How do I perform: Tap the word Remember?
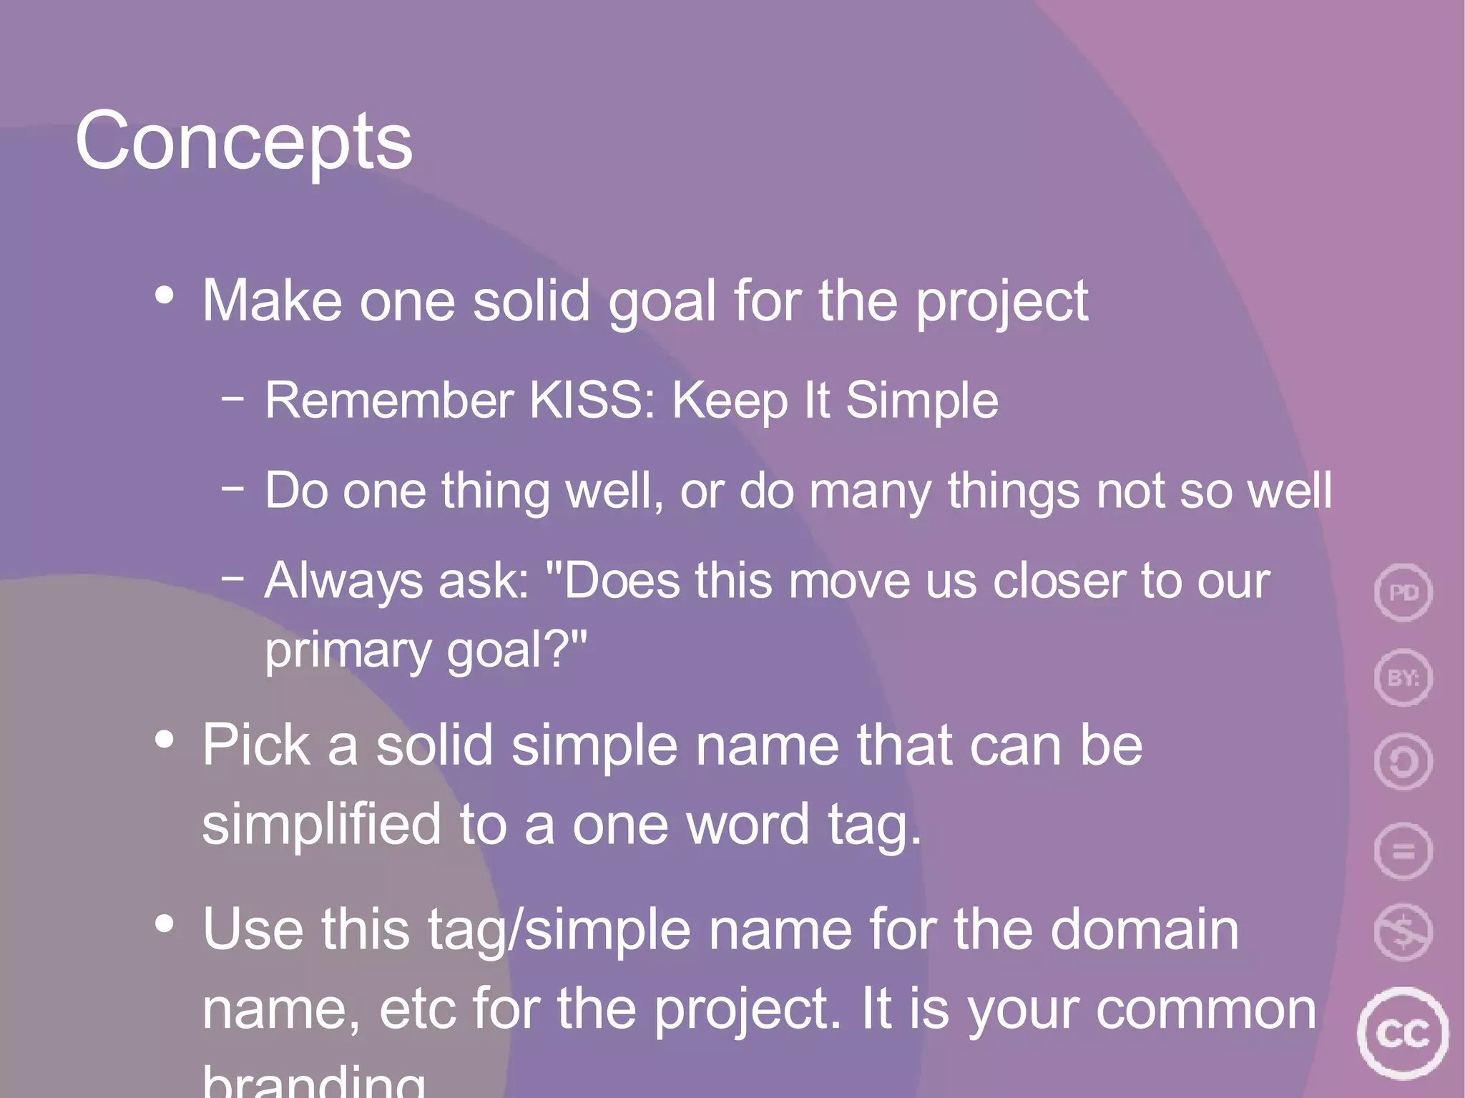(x=389, y=400)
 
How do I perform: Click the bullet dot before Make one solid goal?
(x=165, y=295)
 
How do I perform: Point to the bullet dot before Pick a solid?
(x=165, y=740)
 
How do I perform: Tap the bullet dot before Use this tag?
(x=165, y=923)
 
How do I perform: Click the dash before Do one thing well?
(x=232, y=489)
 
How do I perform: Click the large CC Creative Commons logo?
(x=1403, y=1033)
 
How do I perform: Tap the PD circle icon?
(x=1403, y=592)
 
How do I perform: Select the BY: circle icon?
(x=1403, y=677)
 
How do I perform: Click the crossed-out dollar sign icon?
(x=1403, y=932)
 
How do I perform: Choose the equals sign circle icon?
(x=1403, y=851)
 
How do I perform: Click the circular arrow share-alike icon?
(x=1403, y=763)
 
